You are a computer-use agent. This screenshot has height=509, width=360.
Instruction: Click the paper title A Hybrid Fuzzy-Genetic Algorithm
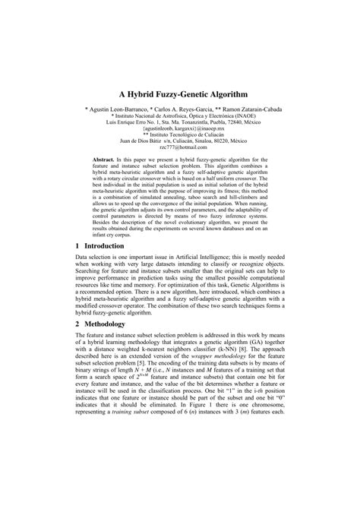[x=180, y=96]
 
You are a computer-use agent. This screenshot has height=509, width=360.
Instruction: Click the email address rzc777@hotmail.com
[x=180, y=148]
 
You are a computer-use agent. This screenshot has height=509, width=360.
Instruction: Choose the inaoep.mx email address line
[x=180, y=129]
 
